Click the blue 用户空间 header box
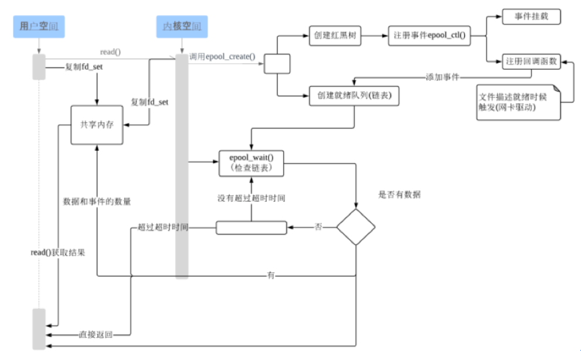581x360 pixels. click(x=39, y=27)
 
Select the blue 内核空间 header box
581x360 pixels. click(x=182, y=27)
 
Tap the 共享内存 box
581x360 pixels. click(x=97, y=124)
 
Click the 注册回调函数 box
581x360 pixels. click(x=532, y=61)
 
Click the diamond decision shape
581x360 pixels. click(x=355, y=226)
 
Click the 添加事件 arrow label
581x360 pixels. click(x=442, y=77)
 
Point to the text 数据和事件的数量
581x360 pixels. click(x=97, y=201)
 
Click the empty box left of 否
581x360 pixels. click(x=251, y=227)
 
